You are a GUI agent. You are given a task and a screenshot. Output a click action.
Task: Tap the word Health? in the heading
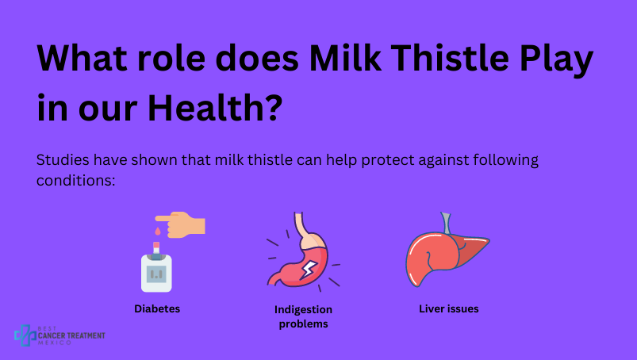pos(215,107)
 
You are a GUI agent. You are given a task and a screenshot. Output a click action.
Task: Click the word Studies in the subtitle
pos(63,159)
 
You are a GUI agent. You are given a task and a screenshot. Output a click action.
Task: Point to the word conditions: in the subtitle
pos(76,180)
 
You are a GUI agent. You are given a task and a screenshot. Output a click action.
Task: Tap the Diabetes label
pos(157,309)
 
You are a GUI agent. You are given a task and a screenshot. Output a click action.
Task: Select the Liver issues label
pos(449,309)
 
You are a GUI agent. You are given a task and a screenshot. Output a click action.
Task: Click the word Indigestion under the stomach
pos(304,310)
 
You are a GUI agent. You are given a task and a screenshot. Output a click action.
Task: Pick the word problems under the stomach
pos(304,324)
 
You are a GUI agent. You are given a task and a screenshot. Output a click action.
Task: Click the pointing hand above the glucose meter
pos(182,224)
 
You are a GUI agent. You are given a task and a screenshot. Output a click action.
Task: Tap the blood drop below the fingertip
pos(158,232)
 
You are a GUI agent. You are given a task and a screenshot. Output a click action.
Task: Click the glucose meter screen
pos(156,274)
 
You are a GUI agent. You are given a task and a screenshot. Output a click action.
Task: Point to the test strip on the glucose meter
pos(156,247)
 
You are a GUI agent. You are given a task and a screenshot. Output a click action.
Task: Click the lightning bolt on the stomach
pos(309,270)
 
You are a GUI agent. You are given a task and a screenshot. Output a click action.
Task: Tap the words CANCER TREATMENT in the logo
pos(71,335)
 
